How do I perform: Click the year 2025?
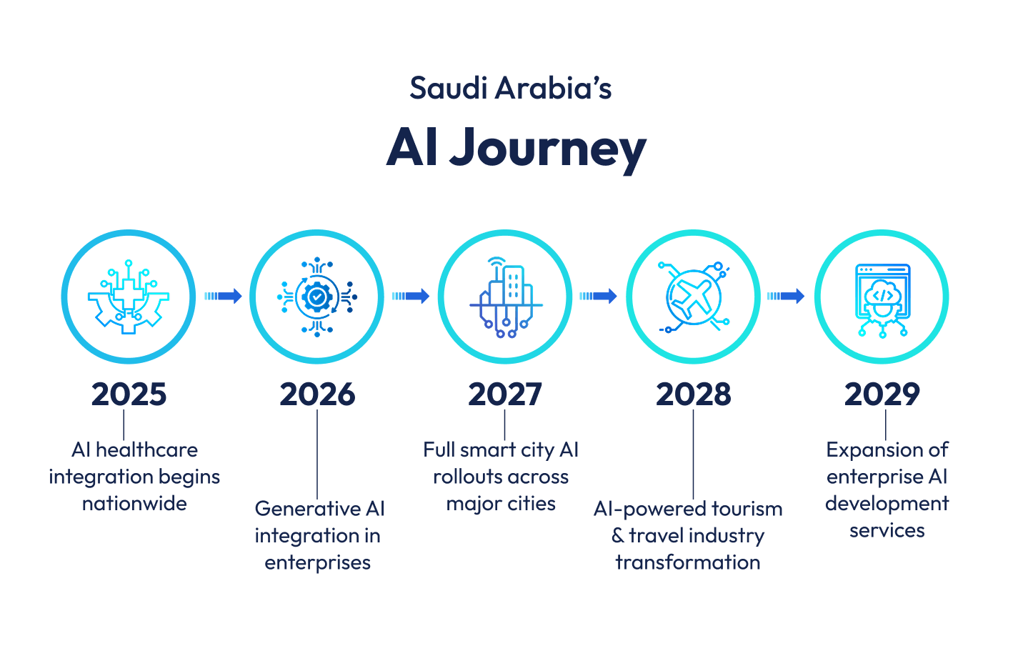129,394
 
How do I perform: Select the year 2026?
317,394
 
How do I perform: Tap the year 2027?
505,394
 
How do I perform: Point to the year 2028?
694,394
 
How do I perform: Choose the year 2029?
882,394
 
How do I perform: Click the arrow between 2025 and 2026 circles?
223,296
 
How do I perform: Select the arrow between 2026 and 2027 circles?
411,296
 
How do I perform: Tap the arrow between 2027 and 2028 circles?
599,296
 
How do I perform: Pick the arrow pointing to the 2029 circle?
787,296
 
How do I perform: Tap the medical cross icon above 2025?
129,297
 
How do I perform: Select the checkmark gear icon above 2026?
317,297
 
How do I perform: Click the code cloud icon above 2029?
882,301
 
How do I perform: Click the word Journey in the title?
548,148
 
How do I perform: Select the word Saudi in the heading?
449,88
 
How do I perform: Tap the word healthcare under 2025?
146,450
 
